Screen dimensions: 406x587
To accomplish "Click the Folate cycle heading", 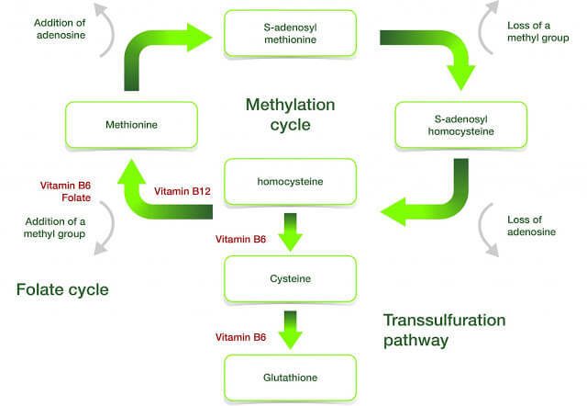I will pyautogui.click(x=62, y=290).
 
